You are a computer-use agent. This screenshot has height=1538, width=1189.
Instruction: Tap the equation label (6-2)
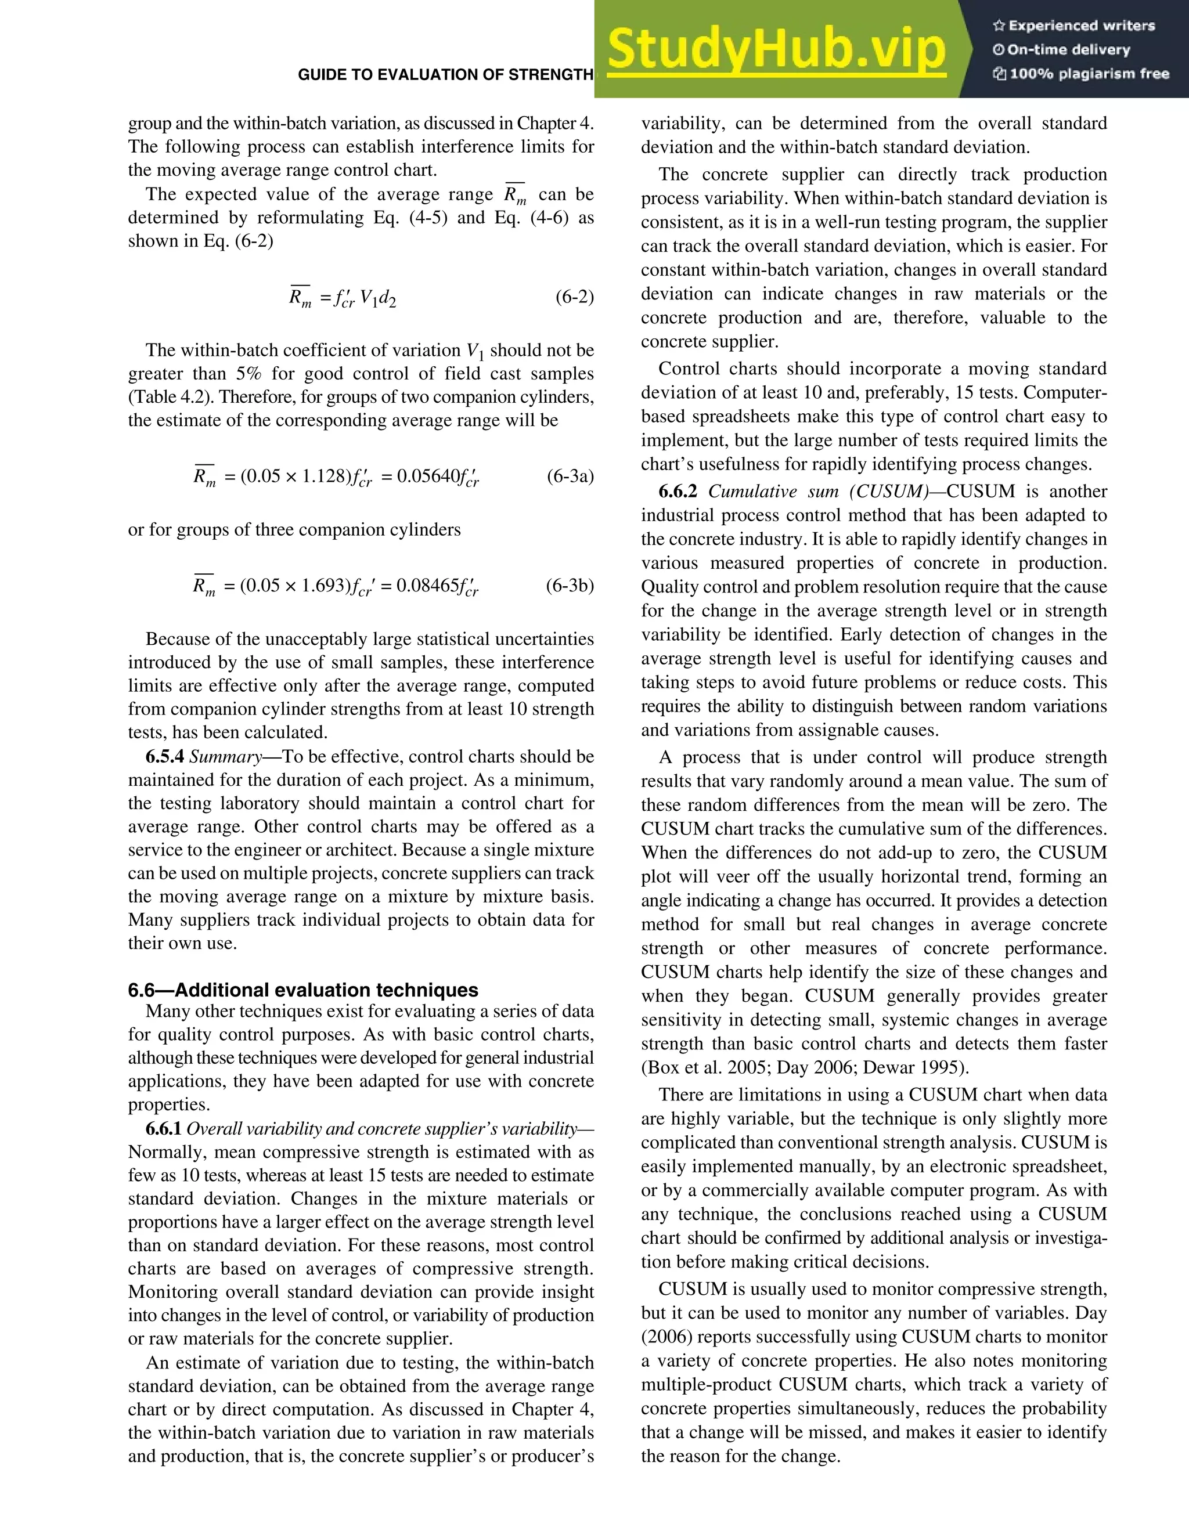point(574,297)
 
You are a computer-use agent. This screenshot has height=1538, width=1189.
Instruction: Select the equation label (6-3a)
point(570,476)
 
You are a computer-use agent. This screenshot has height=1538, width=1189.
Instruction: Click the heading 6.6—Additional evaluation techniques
point(303,990)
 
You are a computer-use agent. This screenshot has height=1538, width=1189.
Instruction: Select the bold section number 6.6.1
point(164,1129)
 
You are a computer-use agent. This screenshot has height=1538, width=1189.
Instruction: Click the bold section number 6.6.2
point(678,492)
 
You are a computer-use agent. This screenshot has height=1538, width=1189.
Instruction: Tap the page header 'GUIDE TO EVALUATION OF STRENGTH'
point(445,75)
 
